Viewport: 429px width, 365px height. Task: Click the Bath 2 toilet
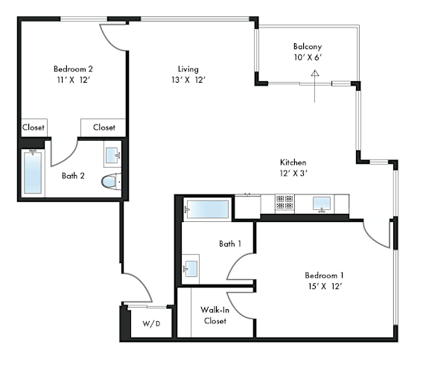pos(111,181)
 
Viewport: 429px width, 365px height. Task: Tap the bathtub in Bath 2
pos(33,173)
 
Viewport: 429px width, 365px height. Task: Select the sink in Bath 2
pos(112,155)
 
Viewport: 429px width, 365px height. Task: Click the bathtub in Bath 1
pos(207,209)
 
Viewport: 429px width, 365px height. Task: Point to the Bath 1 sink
pos(191,268)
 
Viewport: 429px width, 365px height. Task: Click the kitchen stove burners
pos(285,202)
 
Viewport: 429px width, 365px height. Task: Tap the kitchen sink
pos(322,203)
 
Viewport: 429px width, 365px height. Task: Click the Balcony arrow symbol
pos(315,86)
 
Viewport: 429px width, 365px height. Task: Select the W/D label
pos(151,324)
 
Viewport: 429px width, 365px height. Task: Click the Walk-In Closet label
pos(215,316)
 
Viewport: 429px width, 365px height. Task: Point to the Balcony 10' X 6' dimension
pos(308,58)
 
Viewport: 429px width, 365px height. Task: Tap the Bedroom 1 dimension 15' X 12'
pos(325,287)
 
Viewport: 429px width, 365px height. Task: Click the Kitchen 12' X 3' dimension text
pos(293,174)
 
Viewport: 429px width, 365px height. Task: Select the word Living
pos(188,69)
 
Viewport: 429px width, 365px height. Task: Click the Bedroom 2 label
pos(73,69)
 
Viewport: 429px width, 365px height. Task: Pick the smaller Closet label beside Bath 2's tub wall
pos(34,127)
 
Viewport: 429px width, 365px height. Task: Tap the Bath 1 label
pos(230,244)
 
